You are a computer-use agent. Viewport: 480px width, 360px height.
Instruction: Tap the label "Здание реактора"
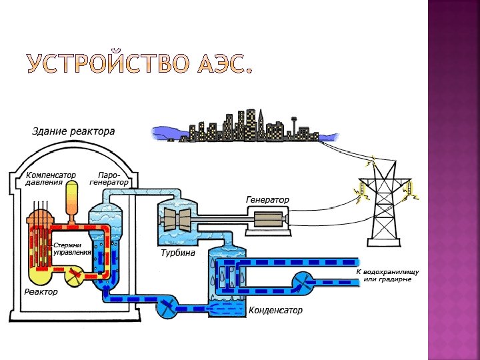(73, 131)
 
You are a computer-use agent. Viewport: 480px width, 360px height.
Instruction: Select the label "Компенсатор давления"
(51, 178)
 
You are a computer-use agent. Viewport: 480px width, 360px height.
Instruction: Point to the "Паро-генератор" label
(109, 178)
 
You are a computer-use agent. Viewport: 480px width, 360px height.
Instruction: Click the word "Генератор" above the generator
(268, 199)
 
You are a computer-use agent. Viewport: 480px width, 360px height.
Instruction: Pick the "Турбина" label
(178, 253)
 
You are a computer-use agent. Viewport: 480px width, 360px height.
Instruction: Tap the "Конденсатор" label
(275, 310)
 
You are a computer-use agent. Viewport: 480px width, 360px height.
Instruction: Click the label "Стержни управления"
(72, 249)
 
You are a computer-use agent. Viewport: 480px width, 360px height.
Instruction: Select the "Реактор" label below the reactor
(41, 291)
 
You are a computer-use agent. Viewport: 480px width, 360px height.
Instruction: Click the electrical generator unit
(267, 219)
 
